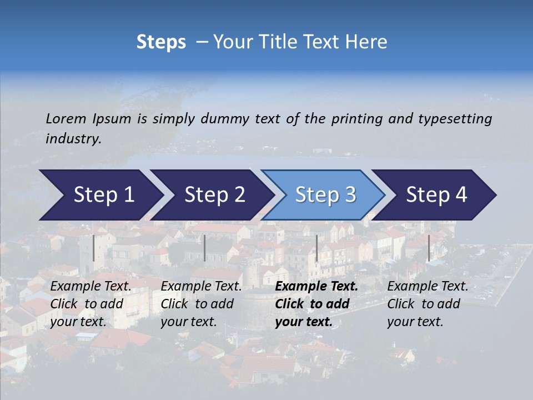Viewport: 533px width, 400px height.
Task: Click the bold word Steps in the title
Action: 161,42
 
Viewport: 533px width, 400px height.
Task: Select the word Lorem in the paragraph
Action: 66,118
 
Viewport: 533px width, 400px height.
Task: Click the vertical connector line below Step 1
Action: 94,248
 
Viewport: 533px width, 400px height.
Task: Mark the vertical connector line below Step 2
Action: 205,248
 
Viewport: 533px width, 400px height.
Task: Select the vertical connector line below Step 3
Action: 316,248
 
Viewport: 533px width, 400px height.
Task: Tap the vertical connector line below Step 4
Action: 429,248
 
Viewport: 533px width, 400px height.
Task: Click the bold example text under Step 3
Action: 316,304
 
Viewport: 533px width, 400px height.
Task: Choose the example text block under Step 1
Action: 90,304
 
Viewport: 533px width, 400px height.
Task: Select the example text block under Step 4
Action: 428,304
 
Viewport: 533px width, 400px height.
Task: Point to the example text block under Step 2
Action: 201,304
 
